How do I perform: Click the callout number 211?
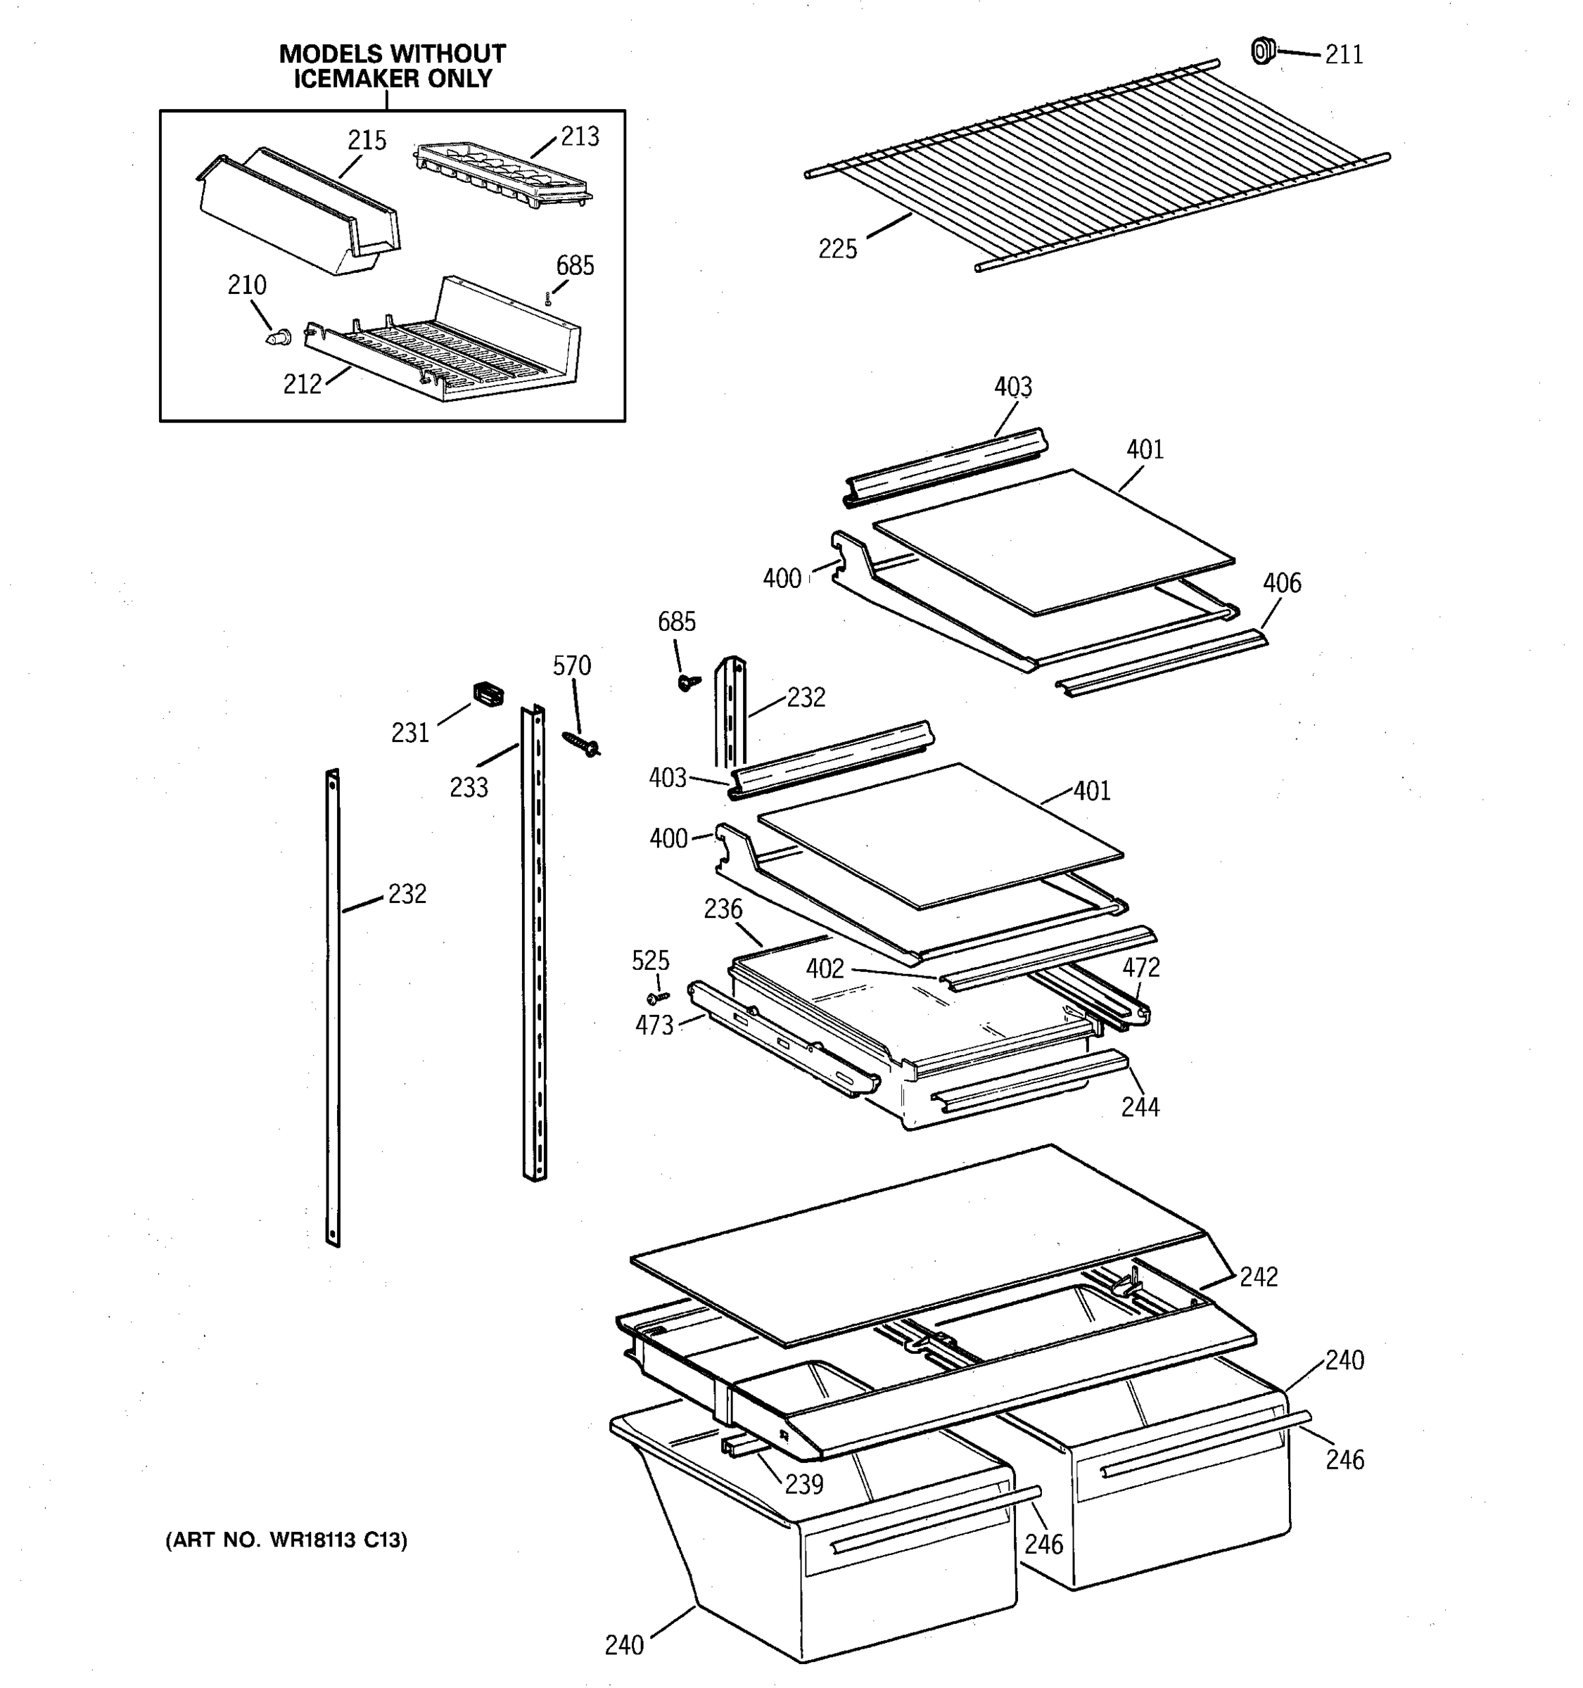pos(1344,55)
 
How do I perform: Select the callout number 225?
pos(837,250)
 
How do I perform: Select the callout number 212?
pos(303,385)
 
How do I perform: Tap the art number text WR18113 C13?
pos(338,1540)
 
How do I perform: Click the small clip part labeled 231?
pos(488,693)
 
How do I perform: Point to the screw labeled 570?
pos(582,745)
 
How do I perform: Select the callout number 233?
pos(469,788)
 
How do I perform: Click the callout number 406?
pos(1280,583)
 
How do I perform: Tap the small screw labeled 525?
pos(657,996)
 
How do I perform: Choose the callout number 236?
pos(723,909)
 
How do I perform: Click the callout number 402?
pos(825,968)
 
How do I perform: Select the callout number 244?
pos(1140,1107)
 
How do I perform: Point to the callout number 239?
pos(803,1483)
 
